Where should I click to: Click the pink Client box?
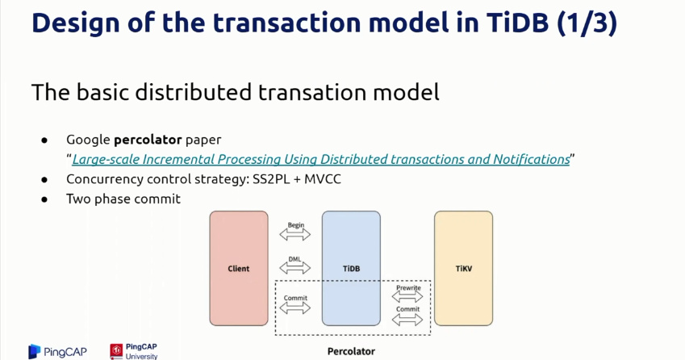(x=239, y=268)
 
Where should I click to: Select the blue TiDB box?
(x=351, y=268)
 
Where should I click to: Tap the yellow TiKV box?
(x=463, y=268)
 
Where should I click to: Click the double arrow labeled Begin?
(x=294, y=235)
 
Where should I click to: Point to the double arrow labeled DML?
(x=294, y=267)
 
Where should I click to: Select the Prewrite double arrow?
(x=407, y=297)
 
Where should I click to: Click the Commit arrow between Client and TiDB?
(x=294, y=308)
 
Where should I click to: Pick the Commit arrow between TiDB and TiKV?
(x=407, y=320)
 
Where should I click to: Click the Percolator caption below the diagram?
(x=351, y=351)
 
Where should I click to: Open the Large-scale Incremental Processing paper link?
(x=321, y=160)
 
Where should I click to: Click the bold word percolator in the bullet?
(x=148, y=140)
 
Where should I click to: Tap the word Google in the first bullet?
(x=88, y=140)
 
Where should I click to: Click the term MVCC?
(x=323, y=179)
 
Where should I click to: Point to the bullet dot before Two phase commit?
(x=44, y=199)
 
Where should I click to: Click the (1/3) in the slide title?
(x=587, y=23)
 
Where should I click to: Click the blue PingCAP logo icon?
(x=35, y=351)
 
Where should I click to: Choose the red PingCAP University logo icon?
(x=116, y=351)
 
